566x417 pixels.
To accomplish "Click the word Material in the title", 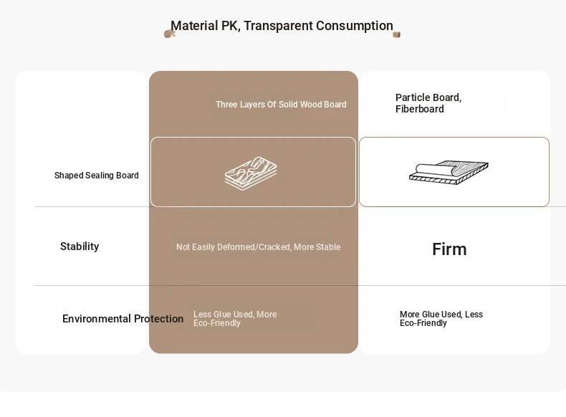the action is tap(194, 26).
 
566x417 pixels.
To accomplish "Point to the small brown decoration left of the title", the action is tap(169, 34).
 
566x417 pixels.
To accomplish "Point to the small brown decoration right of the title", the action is tap(396, 34).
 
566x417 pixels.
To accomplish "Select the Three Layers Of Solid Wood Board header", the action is tap(281, 105).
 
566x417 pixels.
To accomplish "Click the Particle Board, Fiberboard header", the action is tap(428, 103).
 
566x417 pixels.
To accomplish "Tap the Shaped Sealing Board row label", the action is tap(97, 175).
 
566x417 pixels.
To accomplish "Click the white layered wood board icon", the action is tap(251, 173).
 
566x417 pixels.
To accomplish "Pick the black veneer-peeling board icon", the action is tap(449, 172).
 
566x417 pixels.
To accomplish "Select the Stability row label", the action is tap(80, 246).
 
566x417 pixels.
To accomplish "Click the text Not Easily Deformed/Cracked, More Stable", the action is tap(259, 247).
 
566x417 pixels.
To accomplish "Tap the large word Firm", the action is tap(449, 249).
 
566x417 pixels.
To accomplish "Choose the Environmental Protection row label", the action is tap(123, 318).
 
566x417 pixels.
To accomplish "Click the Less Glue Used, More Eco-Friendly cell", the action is tap(235, 318).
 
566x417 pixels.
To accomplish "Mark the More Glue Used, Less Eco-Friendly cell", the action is tap(441, 318).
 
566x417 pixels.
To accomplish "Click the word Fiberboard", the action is tap(419, 109).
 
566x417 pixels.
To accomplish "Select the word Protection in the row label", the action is tap(159, 318).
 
